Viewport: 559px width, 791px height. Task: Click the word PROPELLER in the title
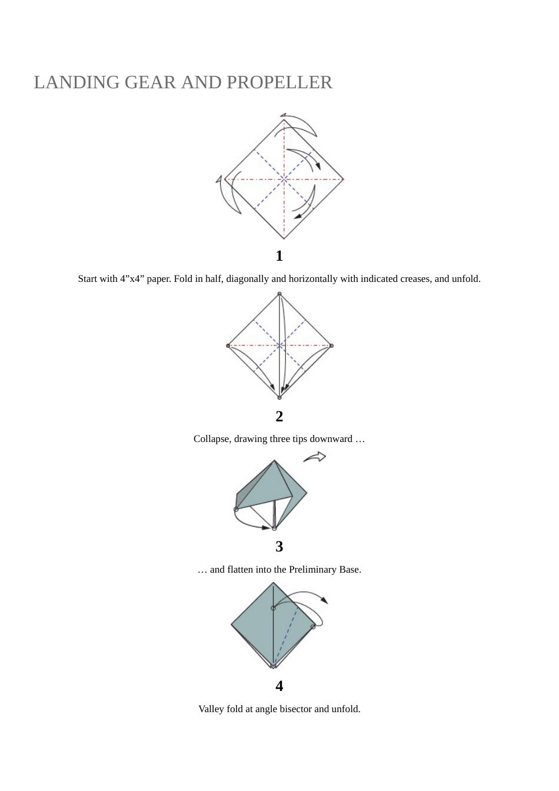coord(279,82)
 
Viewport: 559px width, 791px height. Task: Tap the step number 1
coord(279,256)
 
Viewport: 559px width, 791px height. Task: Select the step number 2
coord(279,417)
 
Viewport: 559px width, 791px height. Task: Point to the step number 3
coord(279,547)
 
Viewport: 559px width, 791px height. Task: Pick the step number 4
coord(279,686)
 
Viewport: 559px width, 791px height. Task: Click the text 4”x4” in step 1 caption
coord(132,279)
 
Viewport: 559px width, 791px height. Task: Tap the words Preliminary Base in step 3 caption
coord(324,570)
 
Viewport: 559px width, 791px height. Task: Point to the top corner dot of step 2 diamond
coord(279,294)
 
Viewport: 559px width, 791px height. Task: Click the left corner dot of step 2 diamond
coord(228,345)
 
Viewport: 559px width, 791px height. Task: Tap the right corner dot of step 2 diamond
coord(331,345)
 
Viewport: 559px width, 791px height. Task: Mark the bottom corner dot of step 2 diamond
coord(279,397)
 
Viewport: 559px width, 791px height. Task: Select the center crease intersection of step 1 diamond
coord(284,179)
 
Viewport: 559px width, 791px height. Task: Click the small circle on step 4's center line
coord(273,608)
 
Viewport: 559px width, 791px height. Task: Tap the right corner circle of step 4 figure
coord(313,627)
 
